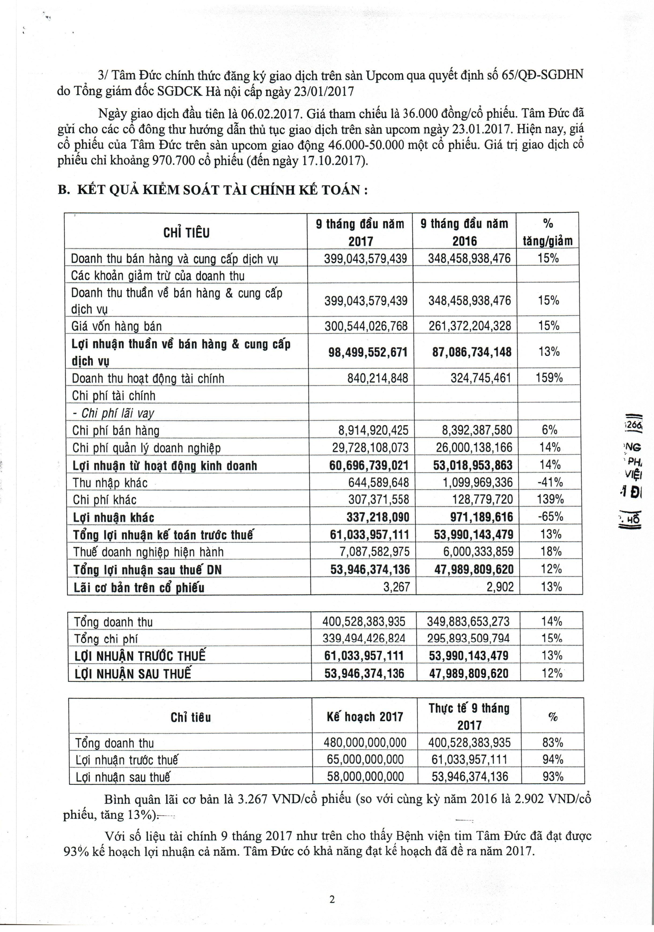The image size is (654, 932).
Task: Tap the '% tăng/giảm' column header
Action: click(x=547, y=232)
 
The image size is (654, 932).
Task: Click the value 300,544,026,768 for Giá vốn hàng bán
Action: click(x=366, y=326)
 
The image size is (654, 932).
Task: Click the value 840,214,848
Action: click(x=378, y=378)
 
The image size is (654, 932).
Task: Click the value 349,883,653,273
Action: click(x=468, y=621)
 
